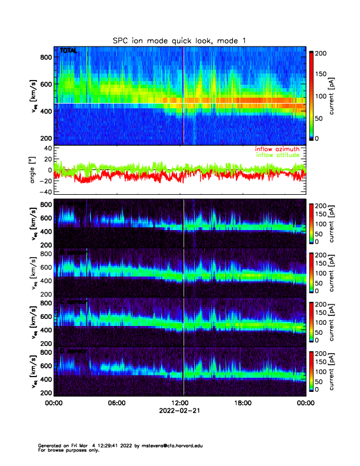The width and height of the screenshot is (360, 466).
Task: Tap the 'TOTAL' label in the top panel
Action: pos(68,51)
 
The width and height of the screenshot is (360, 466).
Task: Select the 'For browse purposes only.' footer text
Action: pos(64,450)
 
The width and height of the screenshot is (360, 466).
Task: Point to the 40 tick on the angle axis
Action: pos(45,148)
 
